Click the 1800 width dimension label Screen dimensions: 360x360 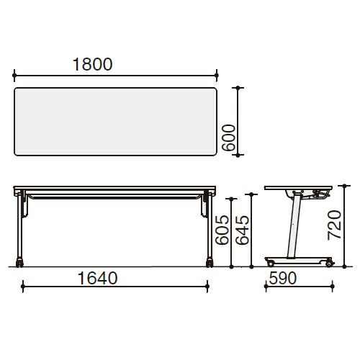[92, 64]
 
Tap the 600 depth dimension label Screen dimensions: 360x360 [228, 138]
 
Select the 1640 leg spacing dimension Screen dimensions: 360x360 [98, 278]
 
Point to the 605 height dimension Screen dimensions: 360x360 [222, 230]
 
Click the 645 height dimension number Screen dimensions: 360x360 [242, 230]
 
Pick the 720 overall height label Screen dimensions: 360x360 [335, 225]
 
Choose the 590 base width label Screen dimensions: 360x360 [283, 278]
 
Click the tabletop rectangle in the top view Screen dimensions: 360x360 [115, 122]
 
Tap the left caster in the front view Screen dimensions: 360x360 [19, 263]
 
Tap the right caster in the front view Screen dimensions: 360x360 [210, 263]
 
